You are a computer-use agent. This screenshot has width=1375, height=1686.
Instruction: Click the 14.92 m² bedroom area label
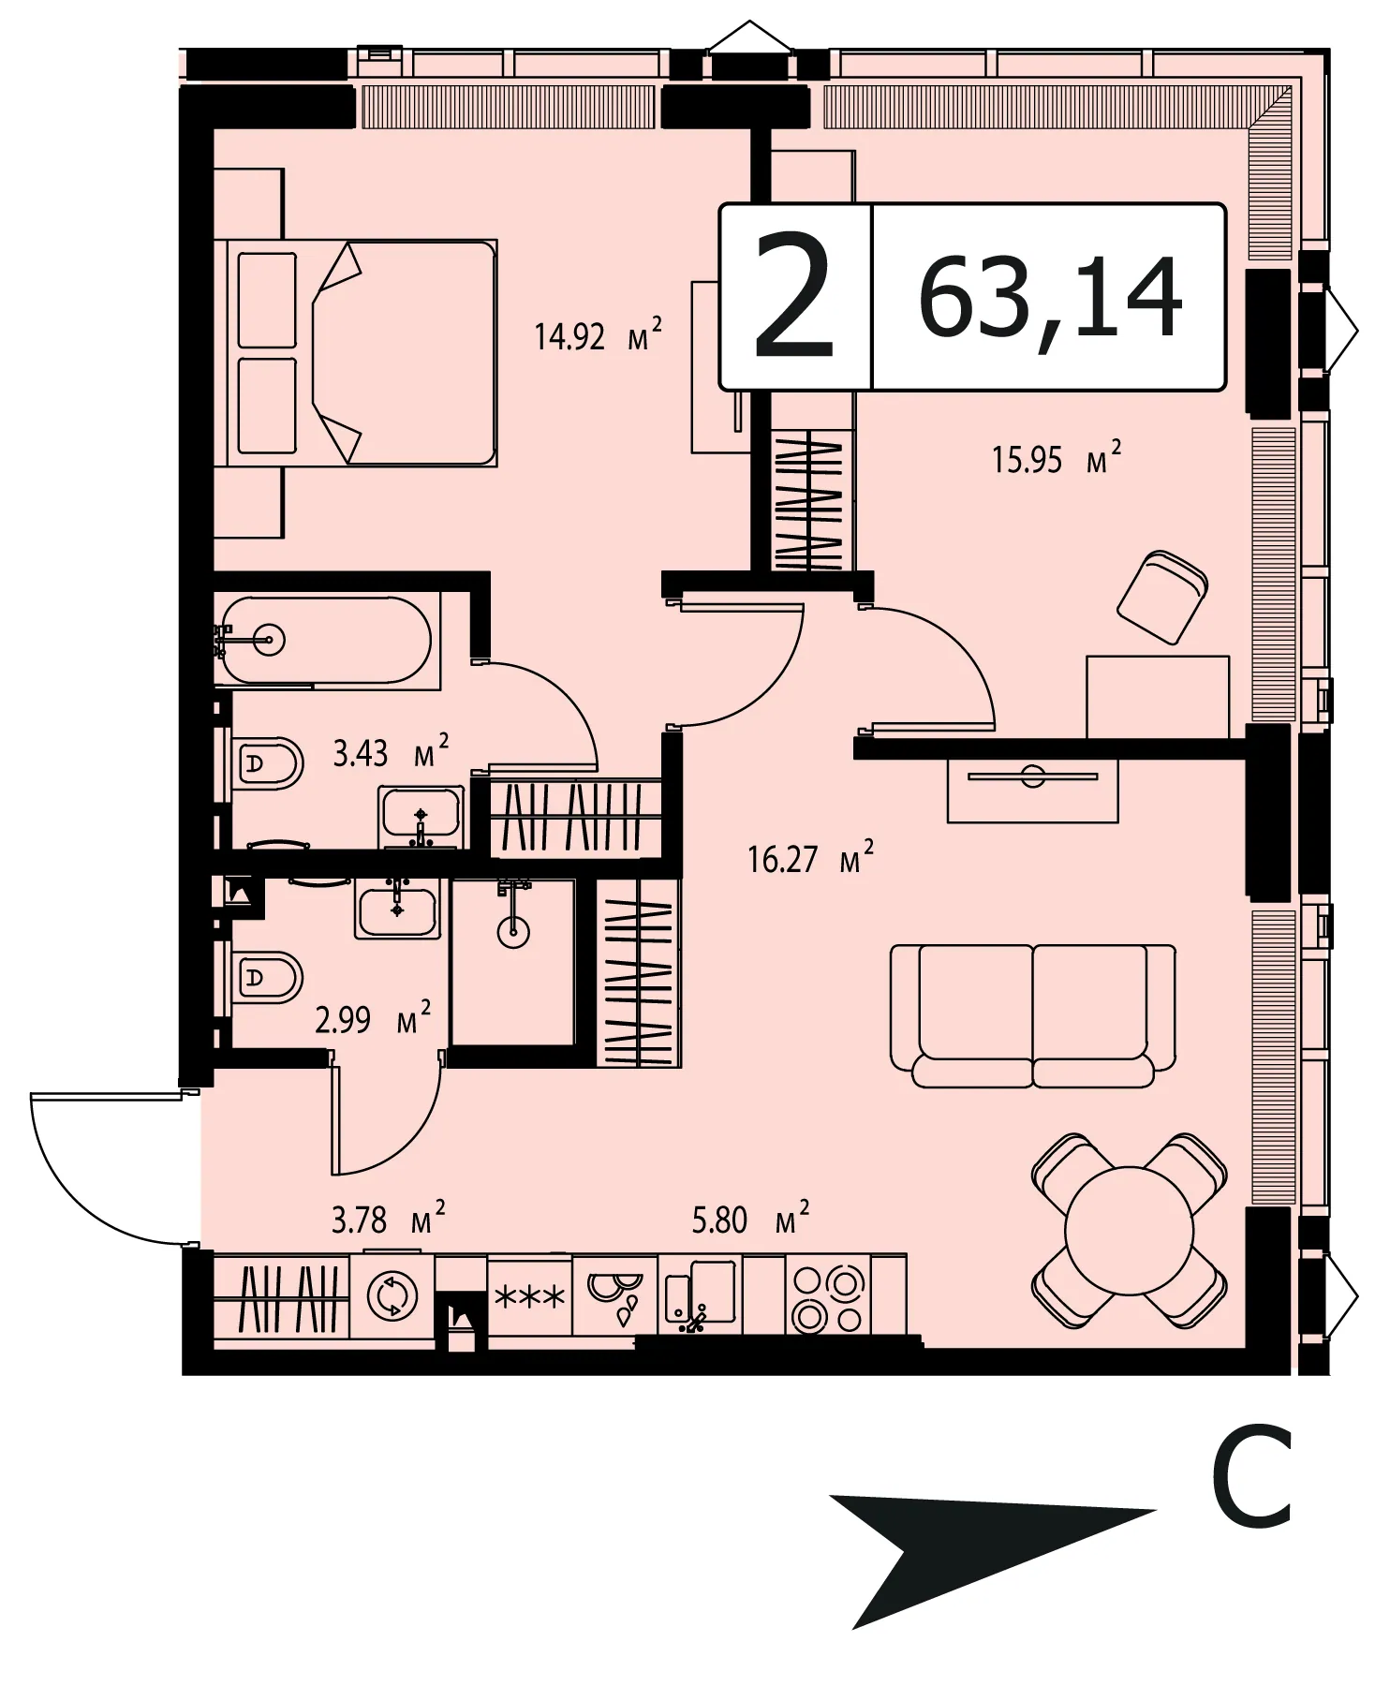598,334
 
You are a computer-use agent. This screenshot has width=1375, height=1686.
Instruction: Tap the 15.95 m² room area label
1057,459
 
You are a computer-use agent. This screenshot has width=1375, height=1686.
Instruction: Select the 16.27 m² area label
811,858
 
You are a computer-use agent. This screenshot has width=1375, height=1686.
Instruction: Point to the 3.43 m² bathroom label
391,752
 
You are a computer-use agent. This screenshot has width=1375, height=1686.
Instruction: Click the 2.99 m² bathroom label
373,1018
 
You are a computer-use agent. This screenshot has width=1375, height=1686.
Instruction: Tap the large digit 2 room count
794,297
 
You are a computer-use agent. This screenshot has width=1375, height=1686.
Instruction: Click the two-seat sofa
1033,1015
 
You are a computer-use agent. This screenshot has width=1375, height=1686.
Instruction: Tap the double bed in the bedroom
362,353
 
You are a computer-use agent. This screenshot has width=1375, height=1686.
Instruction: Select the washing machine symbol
392,1296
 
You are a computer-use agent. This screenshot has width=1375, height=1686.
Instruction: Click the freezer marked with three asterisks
529,1296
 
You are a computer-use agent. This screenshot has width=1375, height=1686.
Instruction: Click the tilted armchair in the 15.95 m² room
1161,597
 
